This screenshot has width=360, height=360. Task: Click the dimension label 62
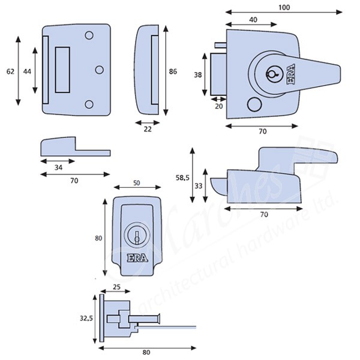[10, 71]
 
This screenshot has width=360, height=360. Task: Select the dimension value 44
[28, 71]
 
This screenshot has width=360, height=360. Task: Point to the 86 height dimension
[173, 71]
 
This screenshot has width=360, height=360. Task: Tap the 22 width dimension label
[147, 128]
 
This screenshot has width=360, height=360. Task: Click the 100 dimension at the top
[283, 7]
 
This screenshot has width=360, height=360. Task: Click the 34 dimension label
[57, 167]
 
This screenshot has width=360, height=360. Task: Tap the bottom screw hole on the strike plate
[89, 104]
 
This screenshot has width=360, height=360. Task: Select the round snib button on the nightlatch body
[251, 104]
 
